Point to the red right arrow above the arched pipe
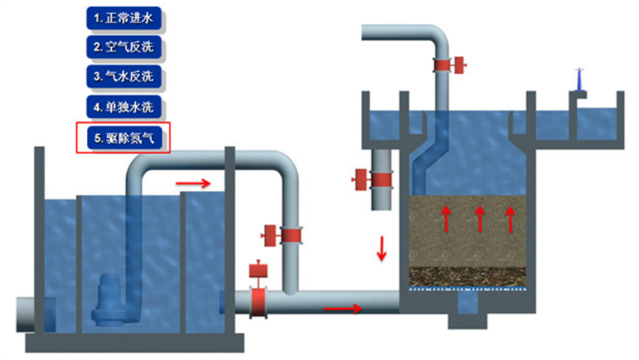tap(193, 183)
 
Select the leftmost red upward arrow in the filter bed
tap(447, 218)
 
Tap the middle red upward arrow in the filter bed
tap(479, 218)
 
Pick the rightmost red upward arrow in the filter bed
tap(512, 218)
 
